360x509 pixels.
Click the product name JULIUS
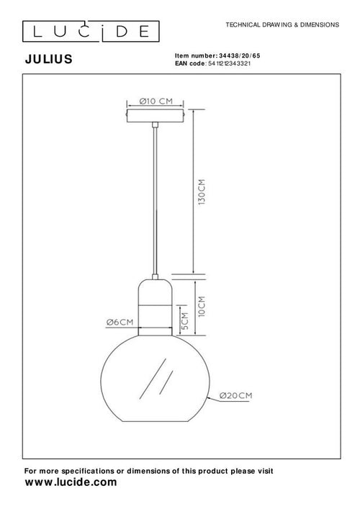point(48,60)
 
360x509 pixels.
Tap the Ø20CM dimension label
point(234,396)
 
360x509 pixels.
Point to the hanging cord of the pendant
point(156,202)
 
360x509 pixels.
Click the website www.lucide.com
point(70,483)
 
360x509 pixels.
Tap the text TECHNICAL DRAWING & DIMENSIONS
point(282,24)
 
